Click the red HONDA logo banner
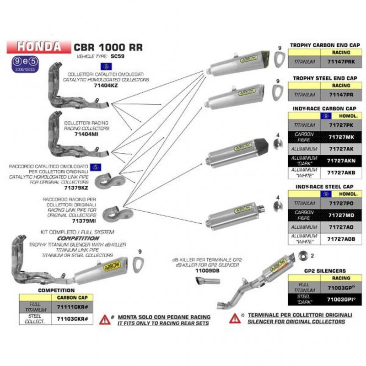coord(38,46)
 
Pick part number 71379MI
coord(84,221)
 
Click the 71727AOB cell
coord(341,238)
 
